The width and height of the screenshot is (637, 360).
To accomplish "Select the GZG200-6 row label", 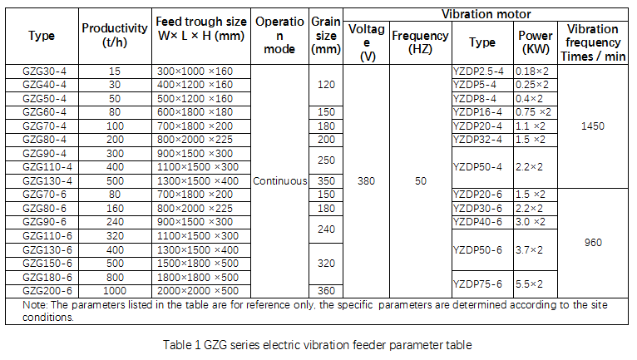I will (x=42, y=291).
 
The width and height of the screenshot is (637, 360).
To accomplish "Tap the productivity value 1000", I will (x=115, y=291).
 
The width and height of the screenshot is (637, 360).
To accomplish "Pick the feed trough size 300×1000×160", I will (x=195, y=72).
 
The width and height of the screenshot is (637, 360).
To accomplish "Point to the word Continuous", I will (x=279, y=180).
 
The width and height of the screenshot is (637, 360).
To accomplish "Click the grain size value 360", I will (x=325, y=291).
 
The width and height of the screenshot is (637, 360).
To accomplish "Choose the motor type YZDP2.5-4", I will (x=477, y=72).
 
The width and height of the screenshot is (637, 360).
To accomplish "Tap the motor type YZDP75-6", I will (x=477, y=284).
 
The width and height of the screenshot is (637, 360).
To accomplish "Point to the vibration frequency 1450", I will (x=593, y=126).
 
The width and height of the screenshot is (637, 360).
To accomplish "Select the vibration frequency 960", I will (x=593, y=243).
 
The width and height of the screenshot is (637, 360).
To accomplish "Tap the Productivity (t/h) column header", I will (x=115, y=36).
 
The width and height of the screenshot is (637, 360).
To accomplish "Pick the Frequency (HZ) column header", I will (x=420, y=42).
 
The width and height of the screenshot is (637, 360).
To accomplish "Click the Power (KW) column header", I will (x=534, y=42).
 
